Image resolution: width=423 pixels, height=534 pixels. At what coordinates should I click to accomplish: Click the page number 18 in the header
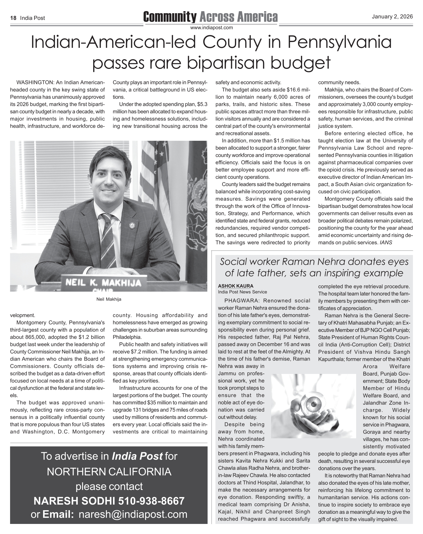[x=13, y=18]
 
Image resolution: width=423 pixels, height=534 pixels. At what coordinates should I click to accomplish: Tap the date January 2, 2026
[x=392, y=17]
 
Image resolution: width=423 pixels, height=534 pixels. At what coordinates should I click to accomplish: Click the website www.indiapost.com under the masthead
[x=211, y=28]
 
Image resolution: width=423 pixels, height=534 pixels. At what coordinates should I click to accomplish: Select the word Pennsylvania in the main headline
[x=339, y=42]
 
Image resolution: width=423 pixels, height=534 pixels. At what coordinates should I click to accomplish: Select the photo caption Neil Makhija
[x=109, y=299]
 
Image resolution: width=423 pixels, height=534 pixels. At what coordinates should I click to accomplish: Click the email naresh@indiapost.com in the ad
[x=133, y=514]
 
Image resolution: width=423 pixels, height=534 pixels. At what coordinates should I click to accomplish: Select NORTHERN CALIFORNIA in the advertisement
[x=109, y=472]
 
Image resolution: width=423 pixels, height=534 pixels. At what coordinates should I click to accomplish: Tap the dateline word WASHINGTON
[x=35, y=83]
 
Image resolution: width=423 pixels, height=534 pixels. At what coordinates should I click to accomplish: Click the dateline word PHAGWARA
[x=241, y=301]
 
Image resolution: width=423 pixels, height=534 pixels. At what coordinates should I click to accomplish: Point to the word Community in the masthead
[x=170, y=17]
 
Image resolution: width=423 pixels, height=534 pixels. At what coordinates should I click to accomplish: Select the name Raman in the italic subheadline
[x=297, y=262]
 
